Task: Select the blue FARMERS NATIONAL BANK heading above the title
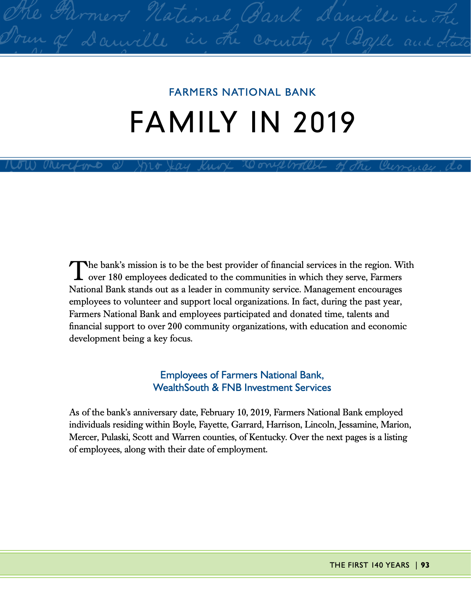click(242, 92)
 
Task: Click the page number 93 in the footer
click(425, 565)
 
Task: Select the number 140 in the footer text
click(377, 565)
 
